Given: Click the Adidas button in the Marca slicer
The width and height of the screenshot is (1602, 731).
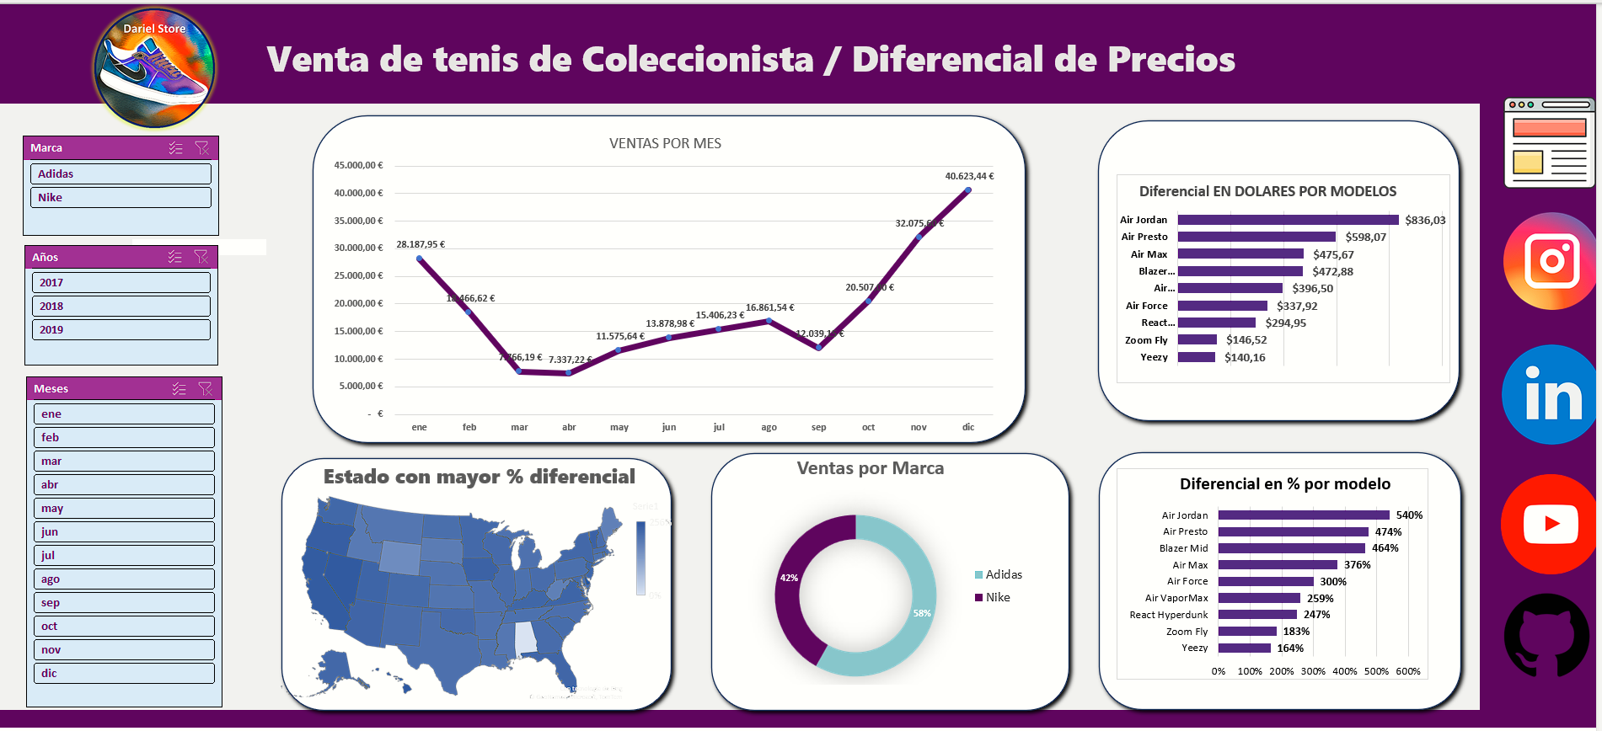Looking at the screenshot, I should [121, 173].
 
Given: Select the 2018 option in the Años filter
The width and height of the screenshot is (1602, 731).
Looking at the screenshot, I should [121, 307].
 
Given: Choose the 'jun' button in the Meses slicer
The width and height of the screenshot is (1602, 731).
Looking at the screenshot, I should [124, 532].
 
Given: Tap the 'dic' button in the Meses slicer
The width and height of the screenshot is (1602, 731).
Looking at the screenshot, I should [124, 674].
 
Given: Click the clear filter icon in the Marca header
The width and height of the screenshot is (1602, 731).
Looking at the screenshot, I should [201, 148].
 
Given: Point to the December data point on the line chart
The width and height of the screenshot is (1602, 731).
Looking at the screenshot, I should [968, 190].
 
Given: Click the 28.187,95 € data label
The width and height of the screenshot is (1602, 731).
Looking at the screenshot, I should [421, 245].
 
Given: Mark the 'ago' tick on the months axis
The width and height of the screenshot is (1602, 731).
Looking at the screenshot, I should [769, 428].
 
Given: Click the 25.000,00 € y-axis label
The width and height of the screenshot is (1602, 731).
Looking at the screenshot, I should [358, 276].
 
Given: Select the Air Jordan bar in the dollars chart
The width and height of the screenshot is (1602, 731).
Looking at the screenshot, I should [1288, 220].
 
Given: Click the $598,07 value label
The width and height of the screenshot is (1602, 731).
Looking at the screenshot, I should [1365, 237].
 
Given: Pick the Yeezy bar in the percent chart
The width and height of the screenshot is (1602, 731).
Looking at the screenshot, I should [1244, 648].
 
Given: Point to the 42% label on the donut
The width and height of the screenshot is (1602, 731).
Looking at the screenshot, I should [789, 579].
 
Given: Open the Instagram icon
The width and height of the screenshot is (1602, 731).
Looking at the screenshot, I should [1551, 261].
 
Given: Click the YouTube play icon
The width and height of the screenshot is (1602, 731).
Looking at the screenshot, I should [1551, 524].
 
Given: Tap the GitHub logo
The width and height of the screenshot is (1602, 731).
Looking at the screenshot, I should [1547, 635].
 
